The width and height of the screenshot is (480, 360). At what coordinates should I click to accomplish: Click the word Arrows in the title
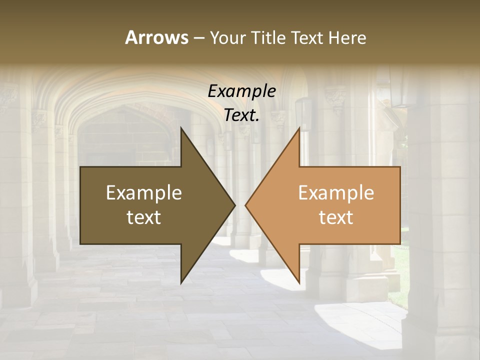click(x=156, y=37)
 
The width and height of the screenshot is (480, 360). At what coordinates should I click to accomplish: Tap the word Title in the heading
click(x=266, y=38)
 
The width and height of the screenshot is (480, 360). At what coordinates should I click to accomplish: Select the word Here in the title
click(x=347, y=38)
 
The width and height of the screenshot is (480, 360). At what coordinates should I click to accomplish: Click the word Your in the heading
click(x=227, y=38)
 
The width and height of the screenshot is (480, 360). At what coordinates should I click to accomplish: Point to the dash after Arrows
click(x=198, y=38)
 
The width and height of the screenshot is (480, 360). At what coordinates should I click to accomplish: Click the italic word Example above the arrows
click(x=242, y=91)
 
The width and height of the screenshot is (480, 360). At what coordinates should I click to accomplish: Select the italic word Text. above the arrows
click(x=242, y=115)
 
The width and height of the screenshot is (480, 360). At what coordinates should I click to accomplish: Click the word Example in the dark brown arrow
click(x=144, y=192)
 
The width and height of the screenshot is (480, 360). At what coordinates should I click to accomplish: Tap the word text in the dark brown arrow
click(x=144, y=217)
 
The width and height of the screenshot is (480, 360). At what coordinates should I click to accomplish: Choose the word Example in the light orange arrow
click(x=336, y=192)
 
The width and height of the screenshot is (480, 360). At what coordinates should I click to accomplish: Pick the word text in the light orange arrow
click(x=336, y=217)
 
